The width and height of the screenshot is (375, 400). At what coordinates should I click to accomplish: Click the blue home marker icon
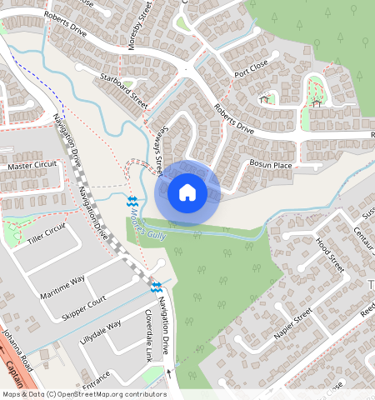(x=187, y=193)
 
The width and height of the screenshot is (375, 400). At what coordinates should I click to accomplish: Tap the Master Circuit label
(x=32, y=166)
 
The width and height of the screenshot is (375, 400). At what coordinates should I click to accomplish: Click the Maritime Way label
(x=62, y=287)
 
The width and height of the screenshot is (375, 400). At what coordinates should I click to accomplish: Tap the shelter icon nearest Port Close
(x=265, y=98)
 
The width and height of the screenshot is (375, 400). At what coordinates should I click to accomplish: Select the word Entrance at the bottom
(x=96, y=377)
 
